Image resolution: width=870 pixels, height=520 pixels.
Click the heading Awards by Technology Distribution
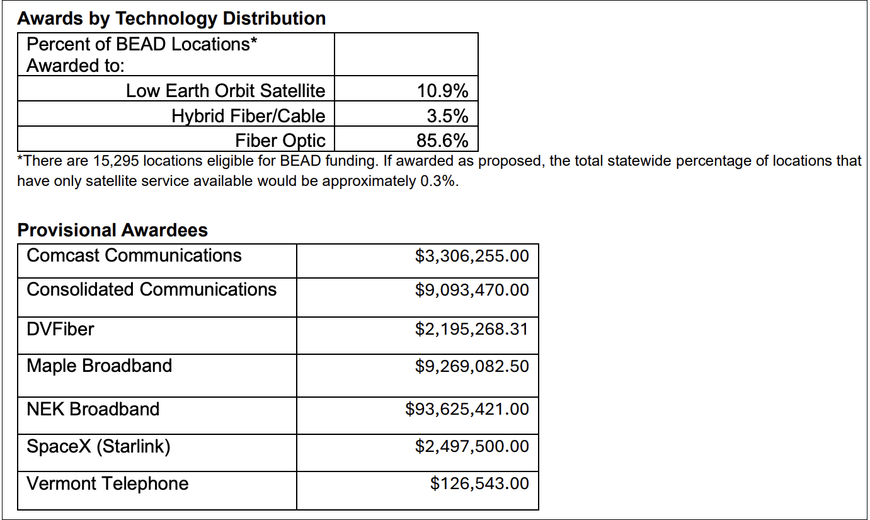tap(171, 18)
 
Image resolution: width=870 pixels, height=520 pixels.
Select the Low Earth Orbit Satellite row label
tap(226, 91)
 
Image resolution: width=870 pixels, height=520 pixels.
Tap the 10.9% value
tap(442, 91)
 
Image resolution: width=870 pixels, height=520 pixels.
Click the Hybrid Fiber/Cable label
tap(248, 116)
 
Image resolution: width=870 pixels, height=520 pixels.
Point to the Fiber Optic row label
tap(280, 140)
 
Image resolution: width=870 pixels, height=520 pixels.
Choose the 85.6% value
tap(442, 140)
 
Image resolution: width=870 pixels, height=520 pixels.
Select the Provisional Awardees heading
tap(112, 230)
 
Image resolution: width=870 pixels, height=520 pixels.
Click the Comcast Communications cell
tap(134, 255)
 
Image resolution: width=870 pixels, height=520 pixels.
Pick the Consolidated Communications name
tap(152, 289)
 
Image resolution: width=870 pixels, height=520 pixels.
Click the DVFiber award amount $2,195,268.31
tap(472, 329)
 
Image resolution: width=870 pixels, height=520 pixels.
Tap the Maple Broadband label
tap(100, 366)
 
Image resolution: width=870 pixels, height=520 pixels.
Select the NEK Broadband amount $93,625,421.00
tap(467, 409)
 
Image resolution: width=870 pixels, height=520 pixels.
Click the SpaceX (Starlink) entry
tap(99, 446)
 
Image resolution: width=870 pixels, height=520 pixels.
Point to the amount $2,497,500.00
tap(472, 446)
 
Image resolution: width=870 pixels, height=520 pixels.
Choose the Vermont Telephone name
tap(108, 483)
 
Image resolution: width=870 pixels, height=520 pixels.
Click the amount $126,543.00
tap(479, 483)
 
